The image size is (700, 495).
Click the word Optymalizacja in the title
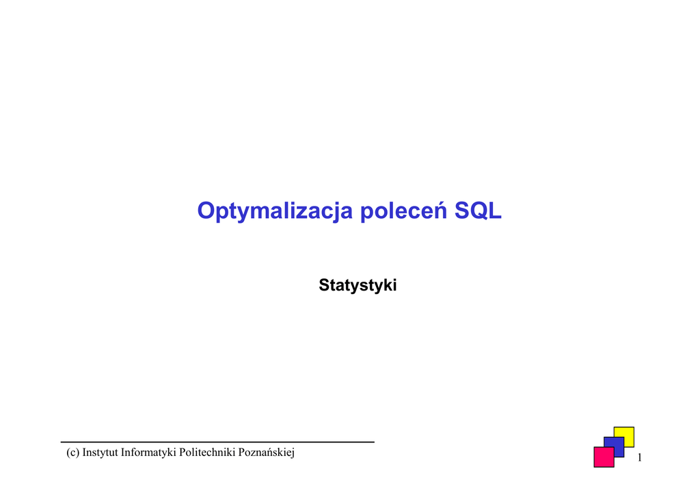(275, 211)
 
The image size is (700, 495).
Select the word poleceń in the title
(403, 210)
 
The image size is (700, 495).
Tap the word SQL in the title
(478, 211)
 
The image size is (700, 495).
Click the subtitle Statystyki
(358, 285)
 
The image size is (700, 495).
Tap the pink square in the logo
(604, 457)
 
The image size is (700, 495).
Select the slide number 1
(640, 457)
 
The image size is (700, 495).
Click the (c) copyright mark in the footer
(72, 453)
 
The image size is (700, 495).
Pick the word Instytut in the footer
(100, 452)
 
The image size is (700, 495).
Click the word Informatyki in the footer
(148, 453)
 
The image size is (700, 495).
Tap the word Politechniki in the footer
(207, 452)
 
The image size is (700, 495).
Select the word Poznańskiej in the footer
(267, 453)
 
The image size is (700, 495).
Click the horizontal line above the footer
(217, 442)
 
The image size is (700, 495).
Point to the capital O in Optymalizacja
(206, 211)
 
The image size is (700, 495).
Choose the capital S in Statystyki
(324, 285)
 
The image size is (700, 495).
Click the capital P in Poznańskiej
(241, 452)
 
